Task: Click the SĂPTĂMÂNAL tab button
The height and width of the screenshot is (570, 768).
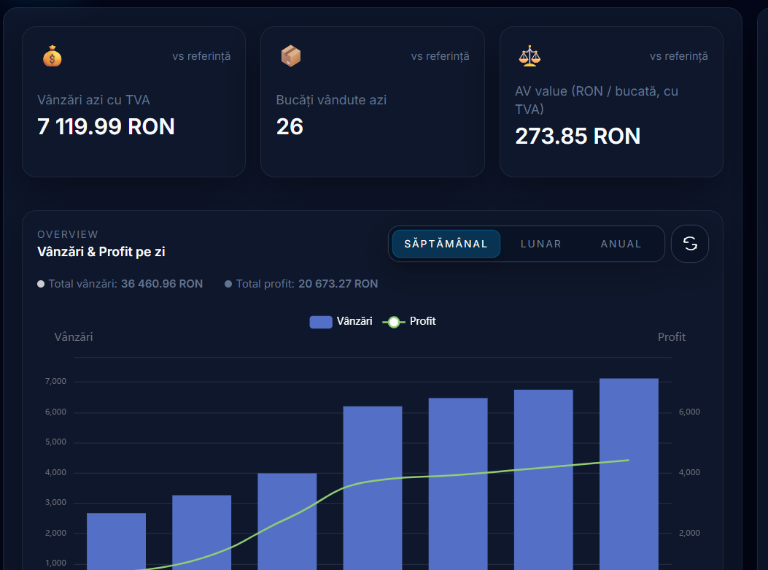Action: click(446, 244)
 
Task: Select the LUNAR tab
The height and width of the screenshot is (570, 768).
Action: click(540, 244)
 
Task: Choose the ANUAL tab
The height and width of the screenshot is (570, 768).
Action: click(621, 244)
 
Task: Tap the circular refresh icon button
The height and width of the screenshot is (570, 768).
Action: click(689, 244)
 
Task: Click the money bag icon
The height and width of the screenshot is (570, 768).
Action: click(52, 56)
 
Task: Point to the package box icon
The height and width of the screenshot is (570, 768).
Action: click(290, 56)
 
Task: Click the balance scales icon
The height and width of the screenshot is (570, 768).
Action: click(529, 56)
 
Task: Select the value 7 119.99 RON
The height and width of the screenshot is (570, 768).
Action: click(106, 127)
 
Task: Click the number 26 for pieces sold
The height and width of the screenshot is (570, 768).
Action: click(290, 127)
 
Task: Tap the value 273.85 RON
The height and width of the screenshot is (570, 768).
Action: click(578, 136)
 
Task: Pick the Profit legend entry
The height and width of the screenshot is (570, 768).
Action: click(409, 321)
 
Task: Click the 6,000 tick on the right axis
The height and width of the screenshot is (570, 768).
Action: click(689, 412)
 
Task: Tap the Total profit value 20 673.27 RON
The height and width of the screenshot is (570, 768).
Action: click(338, 283)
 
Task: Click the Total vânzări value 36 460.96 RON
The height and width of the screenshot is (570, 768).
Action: click(161, 283)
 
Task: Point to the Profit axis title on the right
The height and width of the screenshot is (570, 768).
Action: click(671, 336)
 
